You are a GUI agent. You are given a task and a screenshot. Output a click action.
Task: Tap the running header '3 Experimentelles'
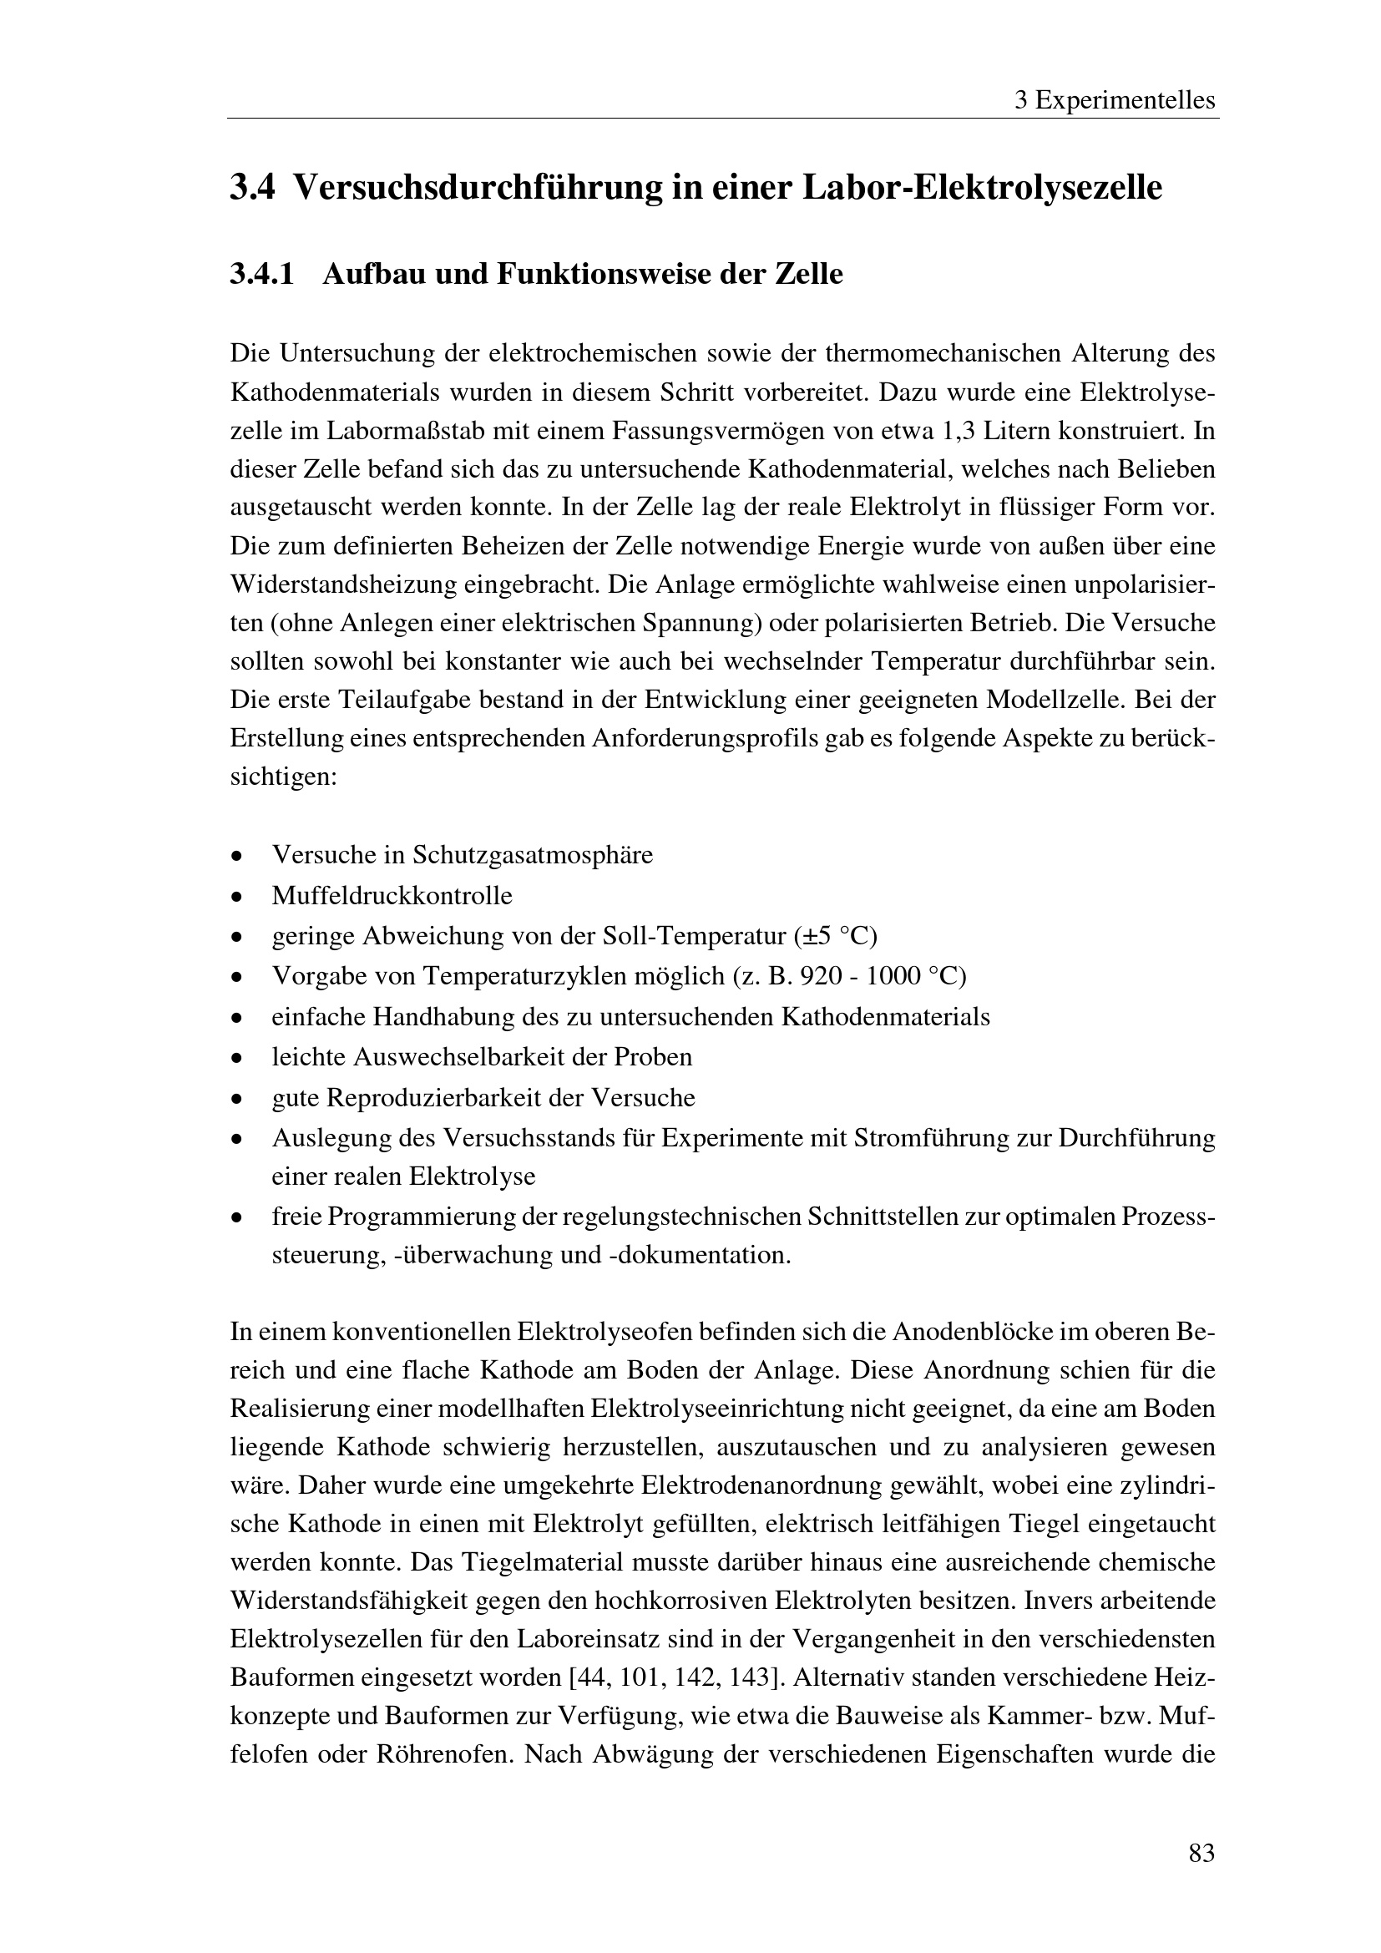1115,101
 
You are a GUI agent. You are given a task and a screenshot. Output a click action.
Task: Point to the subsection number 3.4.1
262,275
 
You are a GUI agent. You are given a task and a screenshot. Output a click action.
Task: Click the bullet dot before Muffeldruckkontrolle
237,898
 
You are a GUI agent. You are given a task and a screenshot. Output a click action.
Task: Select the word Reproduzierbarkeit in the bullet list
433,1098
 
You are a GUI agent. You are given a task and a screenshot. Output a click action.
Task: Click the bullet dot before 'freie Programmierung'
237,1219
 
